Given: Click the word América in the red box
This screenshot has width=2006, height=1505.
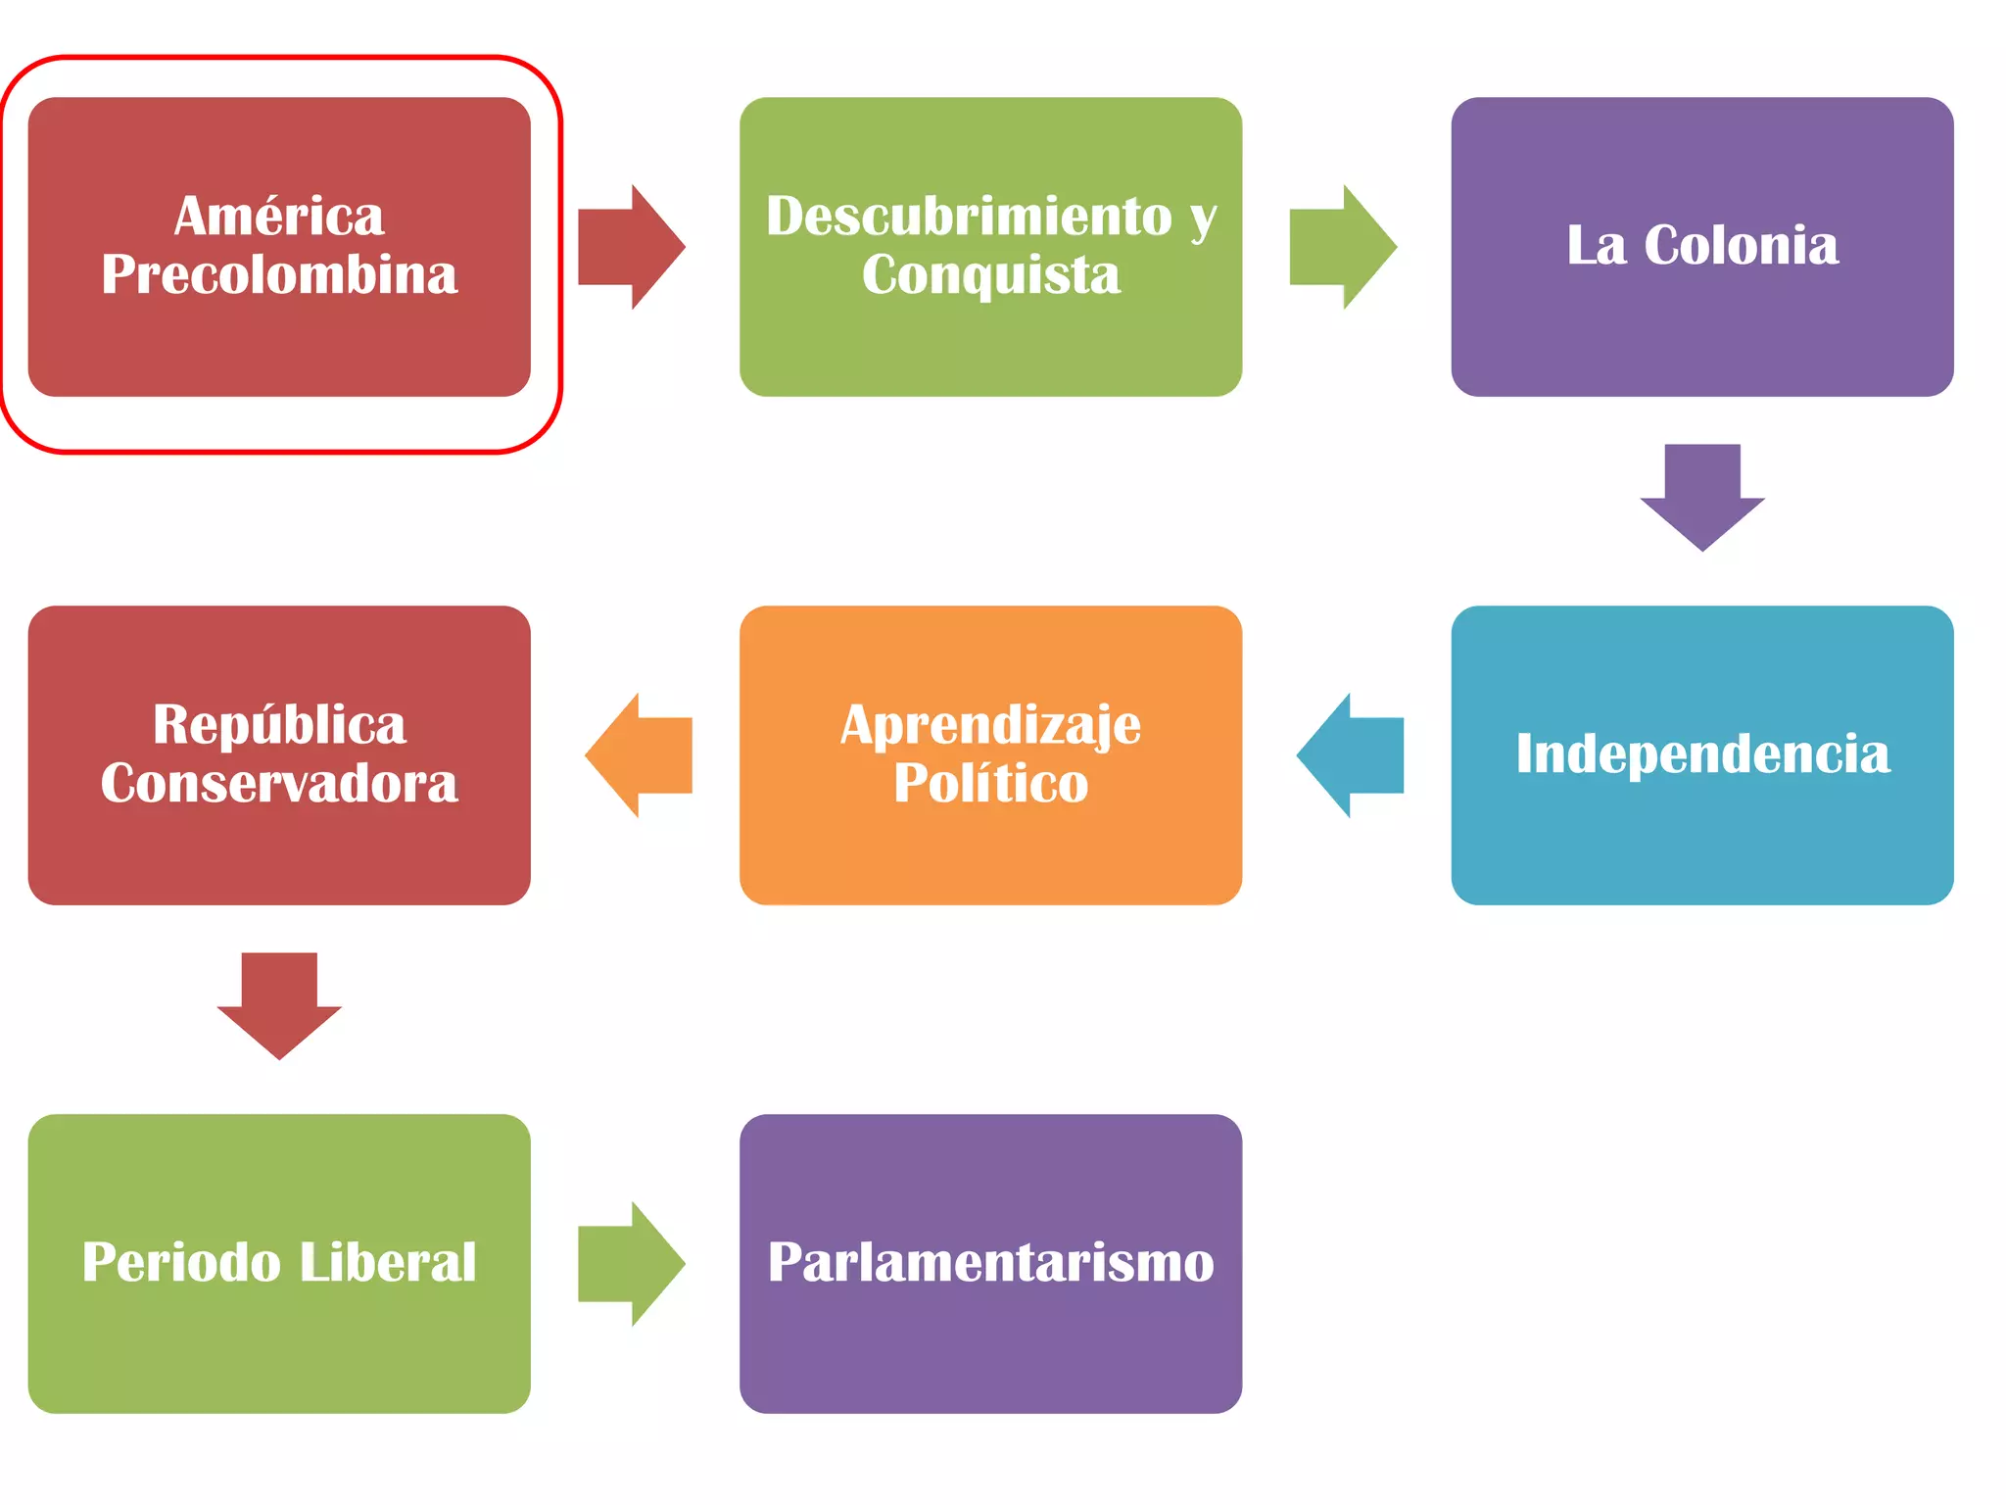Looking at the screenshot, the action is (279, 216).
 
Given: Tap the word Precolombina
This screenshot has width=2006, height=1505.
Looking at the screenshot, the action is (279, 274).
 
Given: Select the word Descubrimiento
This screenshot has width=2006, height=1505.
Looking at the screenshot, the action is (969, 216).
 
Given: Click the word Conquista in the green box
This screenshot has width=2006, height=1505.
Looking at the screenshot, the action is (990, 274).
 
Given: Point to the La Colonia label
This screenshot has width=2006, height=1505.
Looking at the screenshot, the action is (1702, 245).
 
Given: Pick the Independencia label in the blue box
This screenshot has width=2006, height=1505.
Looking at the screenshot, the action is (1702, 753).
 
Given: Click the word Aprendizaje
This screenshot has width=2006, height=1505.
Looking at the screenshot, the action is (990, 725).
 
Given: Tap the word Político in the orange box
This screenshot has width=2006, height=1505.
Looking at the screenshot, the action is (990, 783).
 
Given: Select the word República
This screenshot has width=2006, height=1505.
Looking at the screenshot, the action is (279, 725).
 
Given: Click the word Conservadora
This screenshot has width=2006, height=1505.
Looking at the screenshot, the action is (279, 783).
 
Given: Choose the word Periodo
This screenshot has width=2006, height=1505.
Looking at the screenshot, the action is (181, 1262).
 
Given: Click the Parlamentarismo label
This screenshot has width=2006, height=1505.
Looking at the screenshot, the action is (990, 1262).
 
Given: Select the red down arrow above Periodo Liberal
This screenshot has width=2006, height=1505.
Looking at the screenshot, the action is (279, 1005).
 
